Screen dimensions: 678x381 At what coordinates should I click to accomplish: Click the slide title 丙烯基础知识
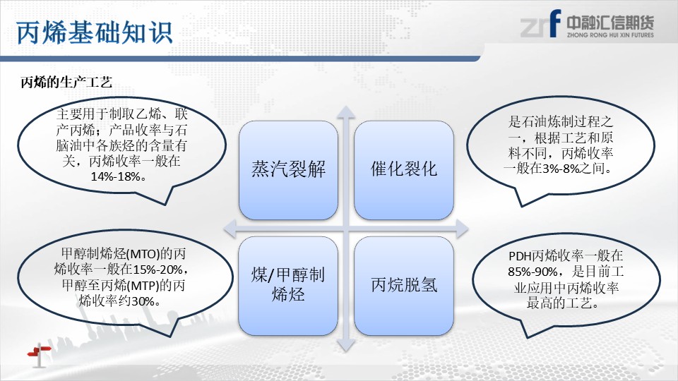point(94,32)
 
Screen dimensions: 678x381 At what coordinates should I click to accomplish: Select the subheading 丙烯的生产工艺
point(66,82)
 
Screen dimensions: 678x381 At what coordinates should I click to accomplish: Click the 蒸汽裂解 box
point(288,170)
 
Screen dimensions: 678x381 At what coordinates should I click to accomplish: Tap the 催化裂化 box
point(404,170)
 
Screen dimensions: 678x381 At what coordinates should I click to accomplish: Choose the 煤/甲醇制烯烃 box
point(288,286)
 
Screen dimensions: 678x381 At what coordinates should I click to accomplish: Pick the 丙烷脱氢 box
point(404,286)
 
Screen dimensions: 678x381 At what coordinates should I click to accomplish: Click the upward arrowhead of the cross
point(346,112)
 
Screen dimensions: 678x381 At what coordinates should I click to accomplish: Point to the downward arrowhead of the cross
point(346,345)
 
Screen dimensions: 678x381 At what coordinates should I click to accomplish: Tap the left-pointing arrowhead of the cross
point(230,229)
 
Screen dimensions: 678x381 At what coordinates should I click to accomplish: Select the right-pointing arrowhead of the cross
point(462,229)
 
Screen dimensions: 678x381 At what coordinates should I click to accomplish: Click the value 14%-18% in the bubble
point(115,176)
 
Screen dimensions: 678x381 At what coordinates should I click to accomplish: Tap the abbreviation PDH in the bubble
point(520,256)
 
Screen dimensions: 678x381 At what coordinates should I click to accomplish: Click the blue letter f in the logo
point(555,23)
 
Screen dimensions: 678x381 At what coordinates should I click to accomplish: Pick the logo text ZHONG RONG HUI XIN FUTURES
point(610,35)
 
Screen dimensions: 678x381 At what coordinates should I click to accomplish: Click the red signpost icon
point(40,354)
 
